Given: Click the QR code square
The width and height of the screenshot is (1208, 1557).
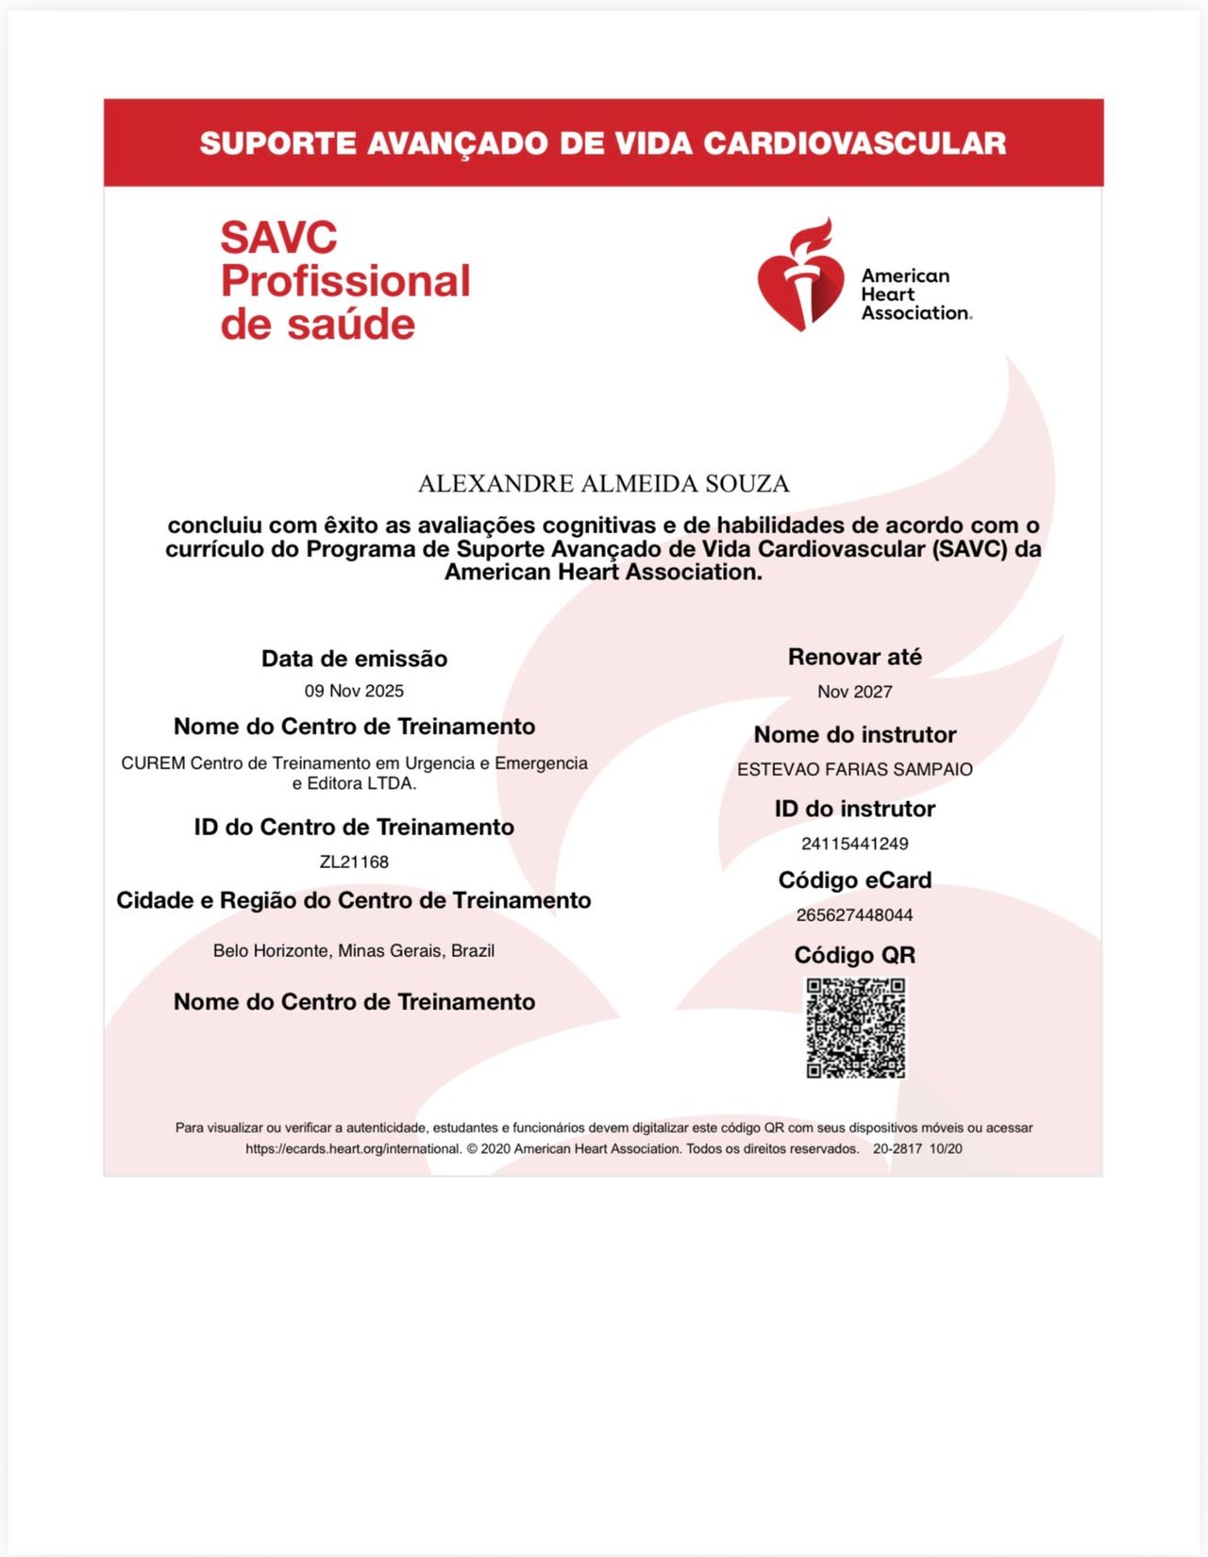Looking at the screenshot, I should [x=855, y=1028].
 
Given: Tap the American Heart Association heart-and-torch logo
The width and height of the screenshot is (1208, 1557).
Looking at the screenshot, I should [x=800, y=276].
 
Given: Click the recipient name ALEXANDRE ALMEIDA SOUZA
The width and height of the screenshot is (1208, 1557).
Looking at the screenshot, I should [x=603, y=484].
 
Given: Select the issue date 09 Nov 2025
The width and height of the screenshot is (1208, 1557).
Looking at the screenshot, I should [x=354, y=691].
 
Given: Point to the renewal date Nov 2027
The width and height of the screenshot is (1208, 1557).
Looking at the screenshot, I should [x=854, y=692].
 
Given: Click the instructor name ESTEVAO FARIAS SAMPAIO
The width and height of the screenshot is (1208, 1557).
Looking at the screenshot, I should [x=854, y=769].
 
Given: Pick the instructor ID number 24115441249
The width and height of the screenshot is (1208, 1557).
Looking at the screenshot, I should [x=854, y=844].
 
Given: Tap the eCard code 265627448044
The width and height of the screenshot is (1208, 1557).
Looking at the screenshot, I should [x=854, y=915].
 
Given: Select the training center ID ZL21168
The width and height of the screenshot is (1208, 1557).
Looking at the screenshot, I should [x=354, y=862].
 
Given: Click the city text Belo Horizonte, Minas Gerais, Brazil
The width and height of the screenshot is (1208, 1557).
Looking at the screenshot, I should [x=354, y=950].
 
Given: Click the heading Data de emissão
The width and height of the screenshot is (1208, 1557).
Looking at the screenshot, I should [x=354, y=659].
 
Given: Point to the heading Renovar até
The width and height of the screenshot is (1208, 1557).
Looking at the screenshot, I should [x=854, y=657].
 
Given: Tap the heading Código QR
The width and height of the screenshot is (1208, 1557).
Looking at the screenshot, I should [x=854, y=955].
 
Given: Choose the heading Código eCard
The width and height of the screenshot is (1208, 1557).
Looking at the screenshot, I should [x=854, y=880].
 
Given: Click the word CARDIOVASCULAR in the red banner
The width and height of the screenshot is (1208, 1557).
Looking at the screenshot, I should [x=854, y=143].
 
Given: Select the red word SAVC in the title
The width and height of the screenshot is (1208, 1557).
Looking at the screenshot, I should [x=278, y=238].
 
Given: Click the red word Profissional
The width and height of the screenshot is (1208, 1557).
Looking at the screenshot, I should [x=345, y=281].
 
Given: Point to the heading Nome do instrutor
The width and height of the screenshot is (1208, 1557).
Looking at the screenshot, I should [x=854, y=734].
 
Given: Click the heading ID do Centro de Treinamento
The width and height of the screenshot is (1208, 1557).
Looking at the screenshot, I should [x=354, y=828].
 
